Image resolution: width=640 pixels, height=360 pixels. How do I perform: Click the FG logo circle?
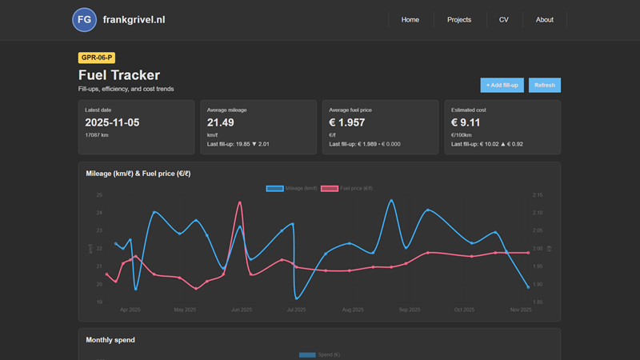[84, 19]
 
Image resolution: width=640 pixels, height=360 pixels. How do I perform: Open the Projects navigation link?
[459, 19]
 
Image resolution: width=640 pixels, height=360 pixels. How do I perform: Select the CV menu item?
[503, 19]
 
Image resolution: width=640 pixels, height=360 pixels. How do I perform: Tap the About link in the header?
[545, 19]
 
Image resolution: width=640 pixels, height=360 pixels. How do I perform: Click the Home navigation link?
[410, 19]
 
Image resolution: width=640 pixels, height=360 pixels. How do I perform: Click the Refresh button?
[544, 85]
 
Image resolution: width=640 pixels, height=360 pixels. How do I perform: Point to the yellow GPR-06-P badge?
[96, 58]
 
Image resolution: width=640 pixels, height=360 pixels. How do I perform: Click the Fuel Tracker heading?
[119, 75]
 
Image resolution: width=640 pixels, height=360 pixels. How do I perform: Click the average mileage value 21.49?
[221, 122]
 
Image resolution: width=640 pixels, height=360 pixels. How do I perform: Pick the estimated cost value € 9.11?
[466, 122]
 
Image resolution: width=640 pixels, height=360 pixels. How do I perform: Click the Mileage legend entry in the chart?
[292, 188]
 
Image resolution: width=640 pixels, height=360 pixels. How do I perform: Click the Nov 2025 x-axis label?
[520, 309]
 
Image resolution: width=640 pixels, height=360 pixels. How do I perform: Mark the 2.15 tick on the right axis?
[538, 195]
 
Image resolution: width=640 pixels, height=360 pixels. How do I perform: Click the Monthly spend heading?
[110, 340]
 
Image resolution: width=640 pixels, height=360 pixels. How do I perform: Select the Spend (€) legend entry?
[320, 354]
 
